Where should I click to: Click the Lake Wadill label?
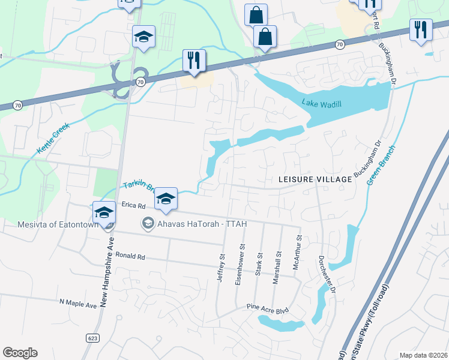click(322, 104)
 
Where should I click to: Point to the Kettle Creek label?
click(53, 139)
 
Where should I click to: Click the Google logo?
click(20, 353)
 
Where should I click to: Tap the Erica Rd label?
click(134, 205)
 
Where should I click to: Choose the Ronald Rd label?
click(130, 257)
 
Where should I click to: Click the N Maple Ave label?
click(78, 305)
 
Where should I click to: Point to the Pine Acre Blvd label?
click(268, 309)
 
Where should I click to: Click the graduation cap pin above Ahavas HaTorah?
click(166, 198)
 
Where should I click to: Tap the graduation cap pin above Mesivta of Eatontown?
click(104, 212)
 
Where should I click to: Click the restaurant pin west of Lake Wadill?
click(194, 60)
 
